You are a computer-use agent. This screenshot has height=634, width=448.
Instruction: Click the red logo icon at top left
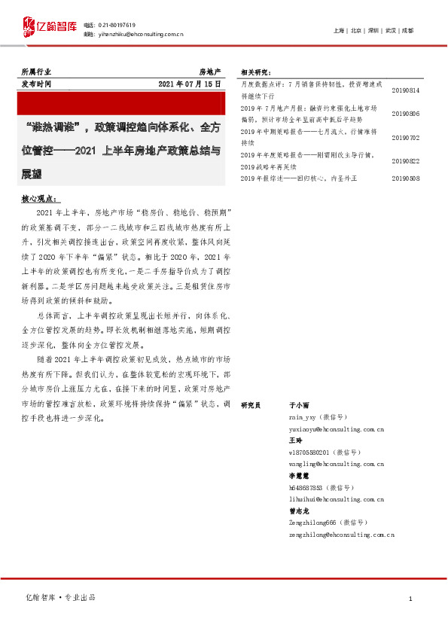[x=28, y=29]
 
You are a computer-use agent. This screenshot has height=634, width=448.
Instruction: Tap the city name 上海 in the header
[x=339, y=31]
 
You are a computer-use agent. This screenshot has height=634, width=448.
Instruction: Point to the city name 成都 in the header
[x=407, y=31]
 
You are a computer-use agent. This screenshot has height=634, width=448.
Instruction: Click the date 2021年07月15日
[x=190, y=84]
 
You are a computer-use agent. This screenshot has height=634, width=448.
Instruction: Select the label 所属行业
[x=35, y=71]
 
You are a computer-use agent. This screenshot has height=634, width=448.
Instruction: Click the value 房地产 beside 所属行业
[x=209, y=71]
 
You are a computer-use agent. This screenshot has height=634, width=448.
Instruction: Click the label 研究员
[x=251, y=405]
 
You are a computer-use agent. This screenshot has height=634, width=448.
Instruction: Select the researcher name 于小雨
[x=299, y=405]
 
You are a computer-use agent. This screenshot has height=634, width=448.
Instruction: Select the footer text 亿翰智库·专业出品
[x=61, y=597]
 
